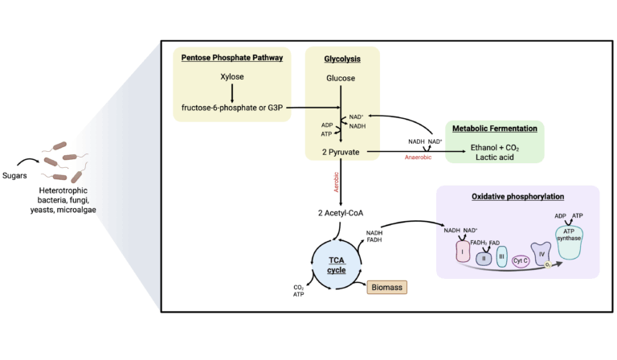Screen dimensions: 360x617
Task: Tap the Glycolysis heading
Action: pos(341,59)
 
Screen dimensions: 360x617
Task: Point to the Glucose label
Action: pos(341,78)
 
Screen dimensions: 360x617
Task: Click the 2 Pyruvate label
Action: pos(341,150)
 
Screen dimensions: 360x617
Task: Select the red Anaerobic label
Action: pos(423,157)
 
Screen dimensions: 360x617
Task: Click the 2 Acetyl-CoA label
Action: pos(341,212)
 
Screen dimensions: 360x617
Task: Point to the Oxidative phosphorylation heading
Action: pos(518,196)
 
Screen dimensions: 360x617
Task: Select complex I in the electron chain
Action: pos(463,253)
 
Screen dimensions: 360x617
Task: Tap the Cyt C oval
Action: pos(521,260)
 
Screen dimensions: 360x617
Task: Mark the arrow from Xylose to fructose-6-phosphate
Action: pos(231,93)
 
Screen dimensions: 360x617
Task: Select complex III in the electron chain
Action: pos(501,257)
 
